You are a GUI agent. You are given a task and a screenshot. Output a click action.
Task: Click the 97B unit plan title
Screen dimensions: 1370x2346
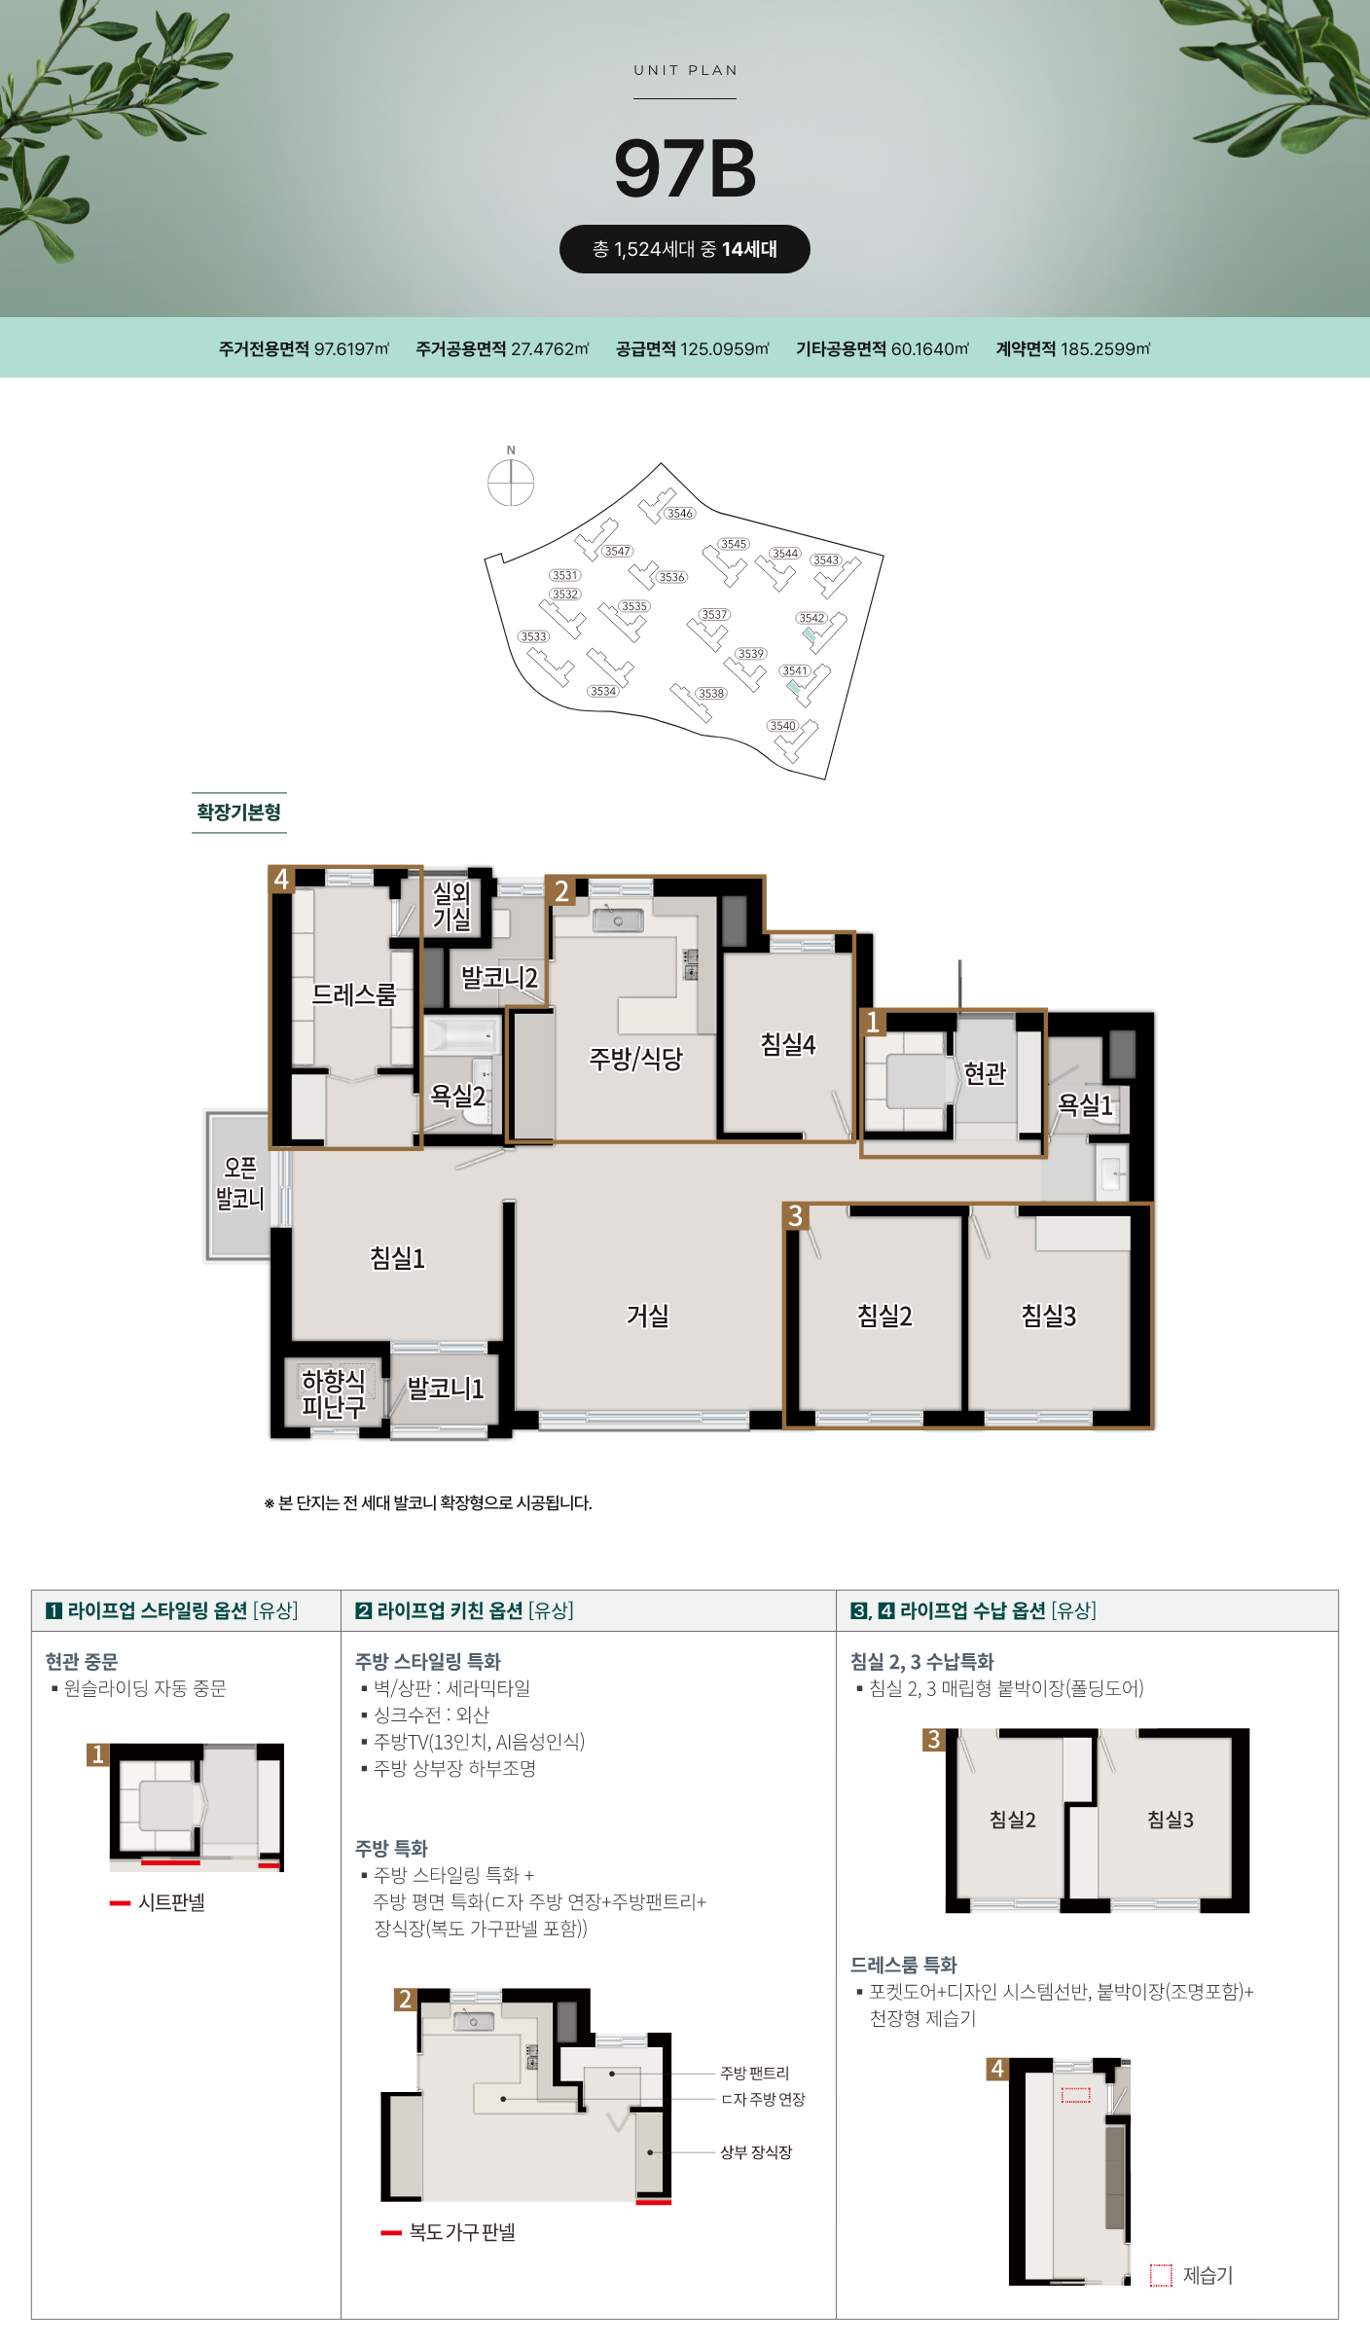pyautogui.click(x=685, y=168)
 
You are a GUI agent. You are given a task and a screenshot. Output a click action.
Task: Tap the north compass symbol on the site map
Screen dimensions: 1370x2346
pyautogui.click(x=511, y=482)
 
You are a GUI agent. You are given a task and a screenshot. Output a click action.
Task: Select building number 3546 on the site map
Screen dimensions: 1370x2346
pyautogui.click(x=680, y=513)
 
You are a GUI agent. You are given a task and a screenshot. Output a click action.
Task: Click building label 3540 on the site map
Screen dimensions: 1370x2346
pyautogui.click(x=782, y=725)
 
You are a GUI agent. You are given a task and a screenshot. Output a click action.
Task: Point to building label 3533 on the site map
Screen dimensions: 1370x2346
pyautogui.click(x=533, y=636)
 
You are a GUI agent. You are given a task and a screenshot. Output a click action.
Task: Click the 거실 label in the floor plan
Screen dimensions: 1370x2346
pyautogui.click(x=648, y=1316)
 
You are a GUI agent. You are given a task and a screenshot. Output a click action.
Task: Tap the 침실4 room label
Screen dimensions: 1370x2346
pyautogui.click(x=788, y=1044)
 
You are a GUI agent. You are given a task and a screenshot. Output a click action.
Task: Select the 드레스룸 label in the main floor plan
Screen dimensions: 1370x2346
pyautogui.click(x=354, y=994)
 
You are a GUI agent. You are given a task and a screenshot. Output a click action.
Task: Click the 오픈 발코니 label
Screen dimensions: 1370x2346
pyautogui.click(x=239, y=1182)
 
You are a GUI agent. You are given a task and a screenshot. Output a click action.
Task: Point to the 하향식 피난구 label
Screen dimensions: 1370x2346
pyautogui.click(x=333, y=1393)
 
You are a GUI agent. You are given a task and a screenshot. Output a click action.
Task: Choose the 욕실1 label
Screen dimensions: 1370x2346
pyautogui.click(x=1085, y=1104)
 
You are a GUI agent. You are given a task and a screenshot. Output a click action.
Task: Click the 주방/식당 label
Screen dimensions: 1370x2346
pyautogui.click(x=636, y=1058)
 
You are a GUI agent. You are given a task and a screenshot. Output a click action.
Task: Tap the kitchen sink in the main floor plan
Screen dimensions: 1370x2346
pyautogui.click(x=619, y=920)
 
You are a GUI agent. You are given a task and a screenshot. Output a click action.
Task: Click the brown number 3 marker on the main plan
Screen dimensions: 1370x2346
pyautogui.click(x=795, y=1215)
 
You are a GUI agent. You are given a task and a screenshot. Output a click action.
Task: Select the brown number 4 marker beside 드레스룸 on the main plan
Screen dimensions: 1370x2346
pyautogui.click(x=281, y=879)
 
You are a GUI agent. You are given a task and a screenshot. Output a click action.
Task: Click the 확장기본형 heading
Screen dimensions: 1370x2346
pyautogui.click(x=239, y=812)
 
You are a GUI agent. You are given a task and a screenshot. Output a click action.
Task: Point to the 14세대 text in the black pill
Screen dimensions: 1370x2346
pyautogui.click(x=749, y=249)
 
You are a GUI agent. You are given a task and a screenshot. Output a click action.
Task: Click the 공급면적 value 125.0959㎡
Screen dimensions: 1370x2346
pyautogui.click(x=725, y=348)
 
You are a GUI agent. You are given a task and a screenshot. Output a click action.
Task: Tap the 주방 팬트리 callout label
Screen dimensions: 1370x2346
pyautogui.click(x=755, y=2074)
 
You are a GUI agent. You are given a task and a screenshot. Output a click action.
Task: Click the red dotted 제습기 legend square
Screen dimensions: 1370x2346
pyautogui.click(x=1161, y=2275)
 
